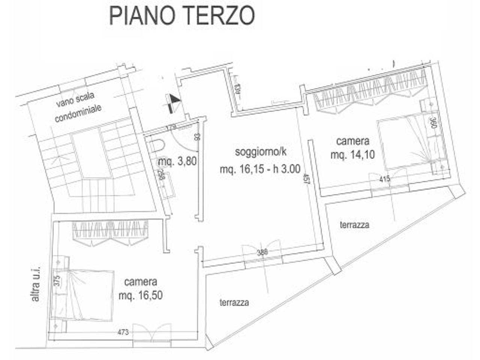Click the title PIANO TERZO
pos(182,15)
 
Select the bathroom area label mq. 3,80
pos(177,162)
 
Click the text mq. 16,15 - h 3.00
pos(260,169)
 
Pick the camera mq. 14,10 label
pos(352,148)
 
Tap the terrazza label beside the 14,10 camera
pos(354,225)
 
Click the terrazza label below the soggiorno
pos(234,303)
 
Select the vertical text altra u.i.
pos(36,284)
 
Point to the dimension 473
pos(123,332)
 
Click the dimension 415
pos(385,179)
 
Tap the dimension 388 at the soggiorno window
pos(262,252)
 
